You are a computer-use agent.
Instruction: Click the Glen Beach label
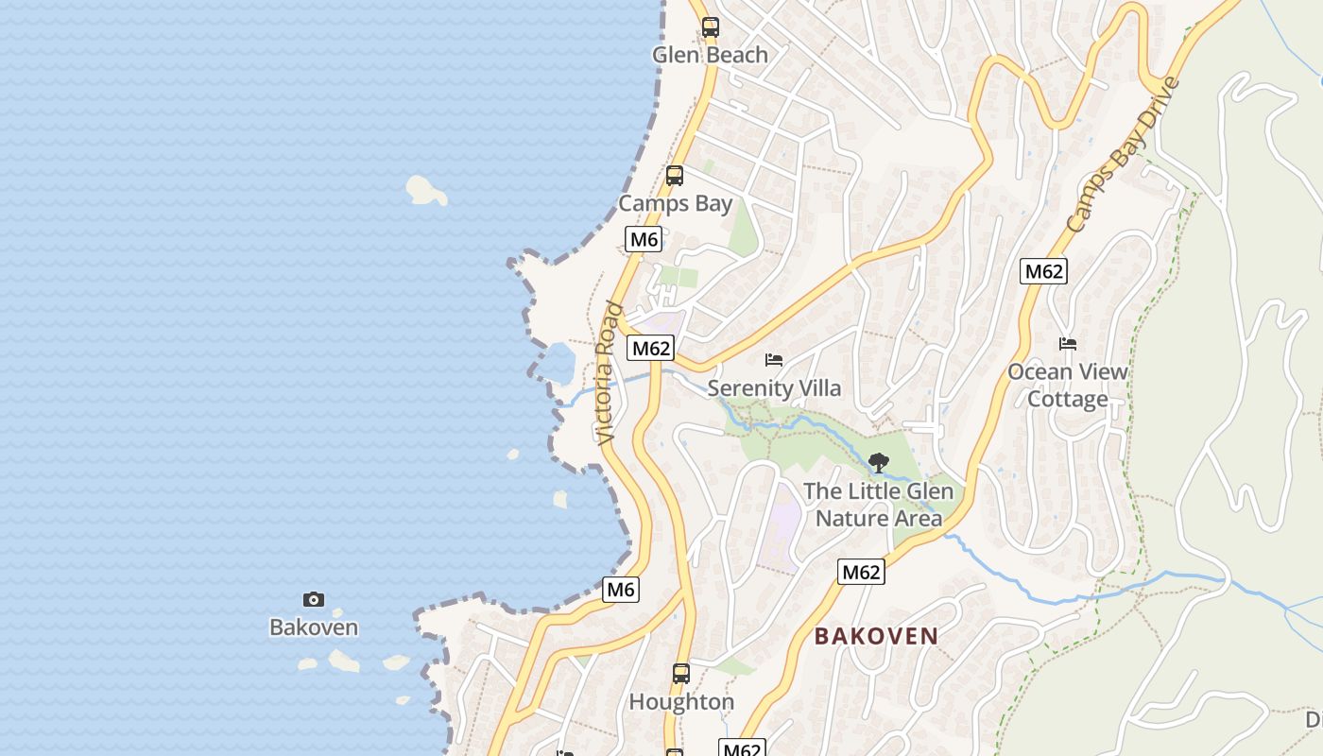[710, 55]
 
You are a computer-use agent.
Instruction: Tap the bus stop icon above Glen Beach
[710, 27]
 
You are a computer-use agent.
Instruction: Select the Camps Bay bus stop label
[675, 203]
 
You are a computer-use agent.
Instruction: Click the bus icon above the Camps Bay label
[674, 176]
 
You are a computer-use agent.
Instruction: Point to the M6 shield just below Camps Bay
[644, 239]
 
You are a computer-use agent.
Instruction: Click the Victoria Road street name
[609, 373]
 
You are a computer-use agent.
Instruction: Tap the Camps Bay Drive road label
[1123, 156]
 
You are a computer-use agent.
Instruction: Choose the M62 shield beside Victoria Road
[651, 348]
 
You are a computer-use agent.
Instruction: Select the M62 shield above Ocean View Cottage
[1044, 272]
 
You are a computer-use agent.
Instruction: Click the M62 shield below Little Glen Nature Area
[861, 572]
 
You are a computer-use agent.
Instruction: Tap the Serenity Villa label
[774, 387]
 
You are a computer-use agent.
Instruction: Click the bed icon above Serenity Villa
[774, 360]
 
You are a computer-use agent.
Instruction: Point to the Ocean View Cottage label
[1068, 386]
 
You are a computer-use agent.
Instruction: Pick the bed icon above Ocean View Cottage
[1068, 344]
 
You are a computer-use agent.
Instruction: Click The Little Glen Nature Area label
[878, 505]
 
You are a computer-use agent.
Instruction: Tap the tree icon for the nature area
[878, 463]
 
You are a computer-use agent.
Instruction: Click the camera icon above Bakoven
[314, 599]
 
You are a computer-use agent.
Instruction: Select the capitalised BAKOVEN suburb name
[876, 636]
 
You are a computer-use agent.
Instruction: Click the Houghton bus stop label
[681, 702]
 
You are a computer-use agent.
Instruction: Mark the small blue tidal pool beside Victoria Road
[558, 363]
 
